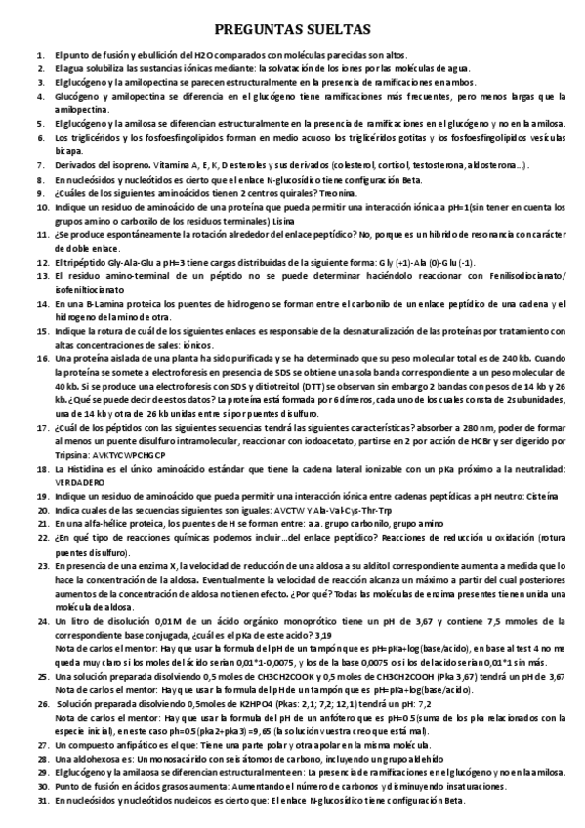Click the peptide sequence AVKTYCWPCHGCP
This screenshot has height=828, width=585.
pyautogui.click(x=110, y=428)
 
